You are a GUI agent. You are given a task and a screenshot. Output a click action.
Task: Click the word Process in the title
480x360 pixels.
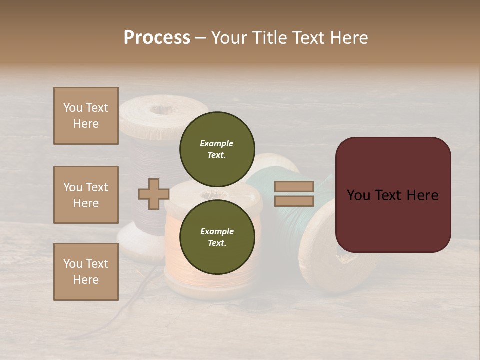click(x=157, y=38)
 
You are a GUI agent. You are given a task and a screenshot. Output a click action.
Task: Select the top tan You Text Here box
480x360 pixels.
click(x=86, y=116)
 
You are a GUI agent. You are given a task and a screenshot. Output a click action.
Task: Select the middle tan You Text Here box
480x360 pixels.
click(x=86, y=195)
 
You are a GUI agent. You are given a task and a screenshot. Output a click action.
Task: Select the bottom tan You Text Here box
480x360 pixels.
click(x=86, y=272)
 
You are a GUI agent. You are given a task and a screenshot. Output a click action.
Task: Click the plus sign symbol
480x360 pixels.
click(x=153, y=194)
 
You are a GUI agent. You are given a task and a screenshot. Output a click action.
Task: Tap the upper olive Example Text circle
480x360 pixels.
click(x=217, y=149)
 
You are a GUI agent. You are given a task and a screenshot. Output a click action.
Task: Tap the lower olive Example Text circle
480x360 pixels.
click(x=217, y=237)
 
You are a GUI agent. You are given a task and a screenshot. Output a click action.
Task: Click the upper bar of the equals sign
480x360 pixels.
click(x=294, y=187)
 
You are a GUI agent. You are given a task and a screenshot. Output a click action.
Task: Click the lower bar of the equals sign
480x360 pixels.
click(x=294, y=201)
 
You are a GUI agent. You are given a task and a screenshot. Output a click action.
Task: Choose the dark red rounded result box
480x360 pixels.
click(x=393, y=195)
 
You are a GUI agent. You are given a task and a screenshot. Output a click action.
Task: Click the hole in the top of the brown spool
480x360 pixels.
click(x=162, y=109)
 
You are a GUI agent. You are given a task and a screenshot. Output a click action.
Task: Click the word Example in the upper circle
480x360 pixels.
click(x=216, y=143)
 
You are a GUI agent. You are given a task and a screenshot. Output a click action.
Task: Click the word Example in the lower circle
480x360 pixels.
click(x=217, y=231)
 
